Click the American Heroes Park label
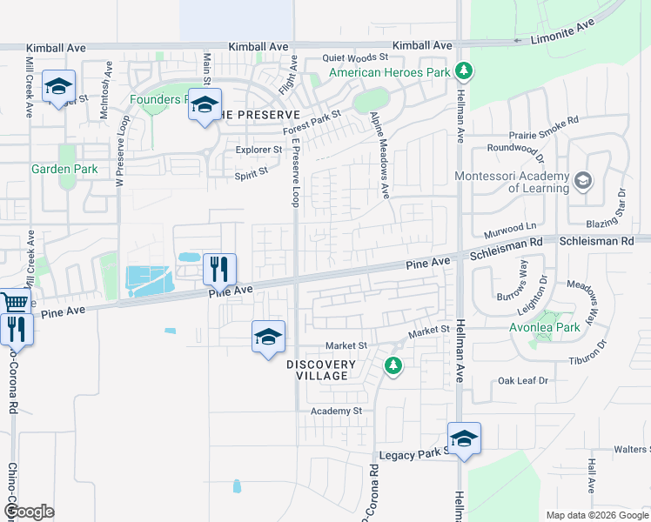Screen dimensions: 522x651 (x=389, y=72)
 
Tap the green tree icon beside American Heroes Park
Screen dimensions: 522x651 (x=465, y=70)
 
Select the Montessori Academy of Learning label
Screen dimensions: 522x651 (x=512, y=182)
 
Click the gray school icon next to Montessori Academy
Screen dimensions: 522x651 (x=583, y=181)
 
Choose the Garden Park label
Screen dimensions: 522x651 (x=64, y=169)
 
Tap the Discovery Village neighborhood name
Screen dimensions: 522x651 (x=321, y=370)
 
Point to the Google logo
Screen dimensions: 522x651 (x=29, y=512)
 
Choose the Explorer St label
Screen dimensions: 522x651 (x=259, y=150)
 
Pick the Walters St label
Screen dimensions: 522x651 (x=632, y=449)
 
